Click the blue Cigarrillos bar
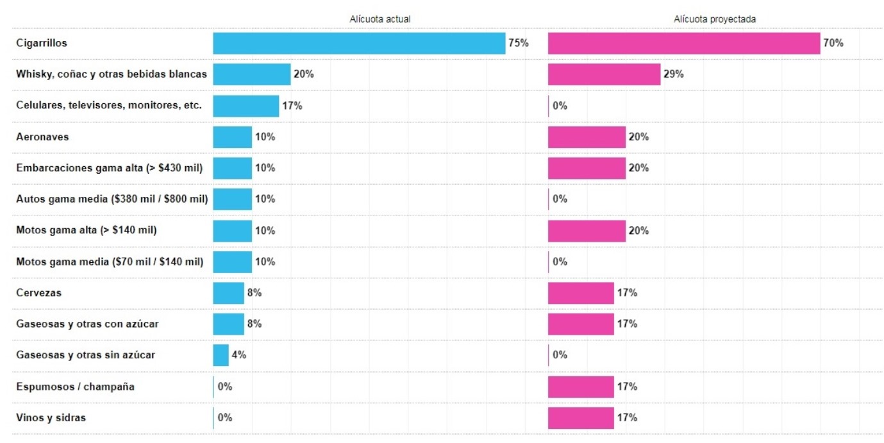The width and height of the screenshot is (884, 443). tap(359, 43)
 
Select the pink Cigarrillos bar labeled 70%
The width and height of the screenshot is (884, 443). tap(684, 43)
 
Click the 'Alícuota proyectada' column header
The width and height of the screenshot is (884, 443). tap(715, 19)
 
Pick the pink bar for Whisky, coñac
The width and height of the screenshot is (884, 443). tap(604, 74)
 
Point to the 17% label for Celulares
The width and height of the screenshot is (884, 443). tap(292, 106)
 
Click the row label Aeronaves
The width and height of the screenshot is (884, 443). tap(42, 137)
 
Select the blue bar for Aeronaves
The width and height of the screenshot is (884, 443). tap(232, 137)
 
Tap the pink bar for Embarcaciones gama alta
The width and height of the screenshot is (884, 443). tap(587, 168)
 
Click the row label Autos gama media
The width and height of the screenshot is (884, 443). tap(112, 199)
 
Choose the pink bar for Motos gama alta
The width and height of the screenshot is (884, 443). tap(587, 230)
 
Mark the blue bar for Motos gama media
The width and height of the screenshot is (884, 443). tap(232, 262)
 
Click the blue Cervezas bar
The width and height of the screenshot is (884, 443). tap(228, 293)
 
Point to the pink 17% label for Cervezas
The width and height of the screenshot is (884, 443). tap(627, 293)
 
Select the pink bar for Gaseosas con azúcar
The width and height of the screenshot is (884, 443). tap(581, 324)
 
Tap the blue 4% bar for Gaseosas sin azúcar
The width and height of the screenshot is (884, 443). tap(221, 355)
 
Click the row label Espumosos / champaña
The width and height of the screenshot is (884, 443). tap(75, 387)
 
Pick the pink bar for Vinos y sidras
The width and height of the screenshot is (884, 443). tap(581, 417)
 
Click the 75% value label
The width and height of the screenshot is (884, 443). tap(518, 43)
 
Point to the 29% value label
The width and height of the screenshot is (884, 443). tap(674, 74)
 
